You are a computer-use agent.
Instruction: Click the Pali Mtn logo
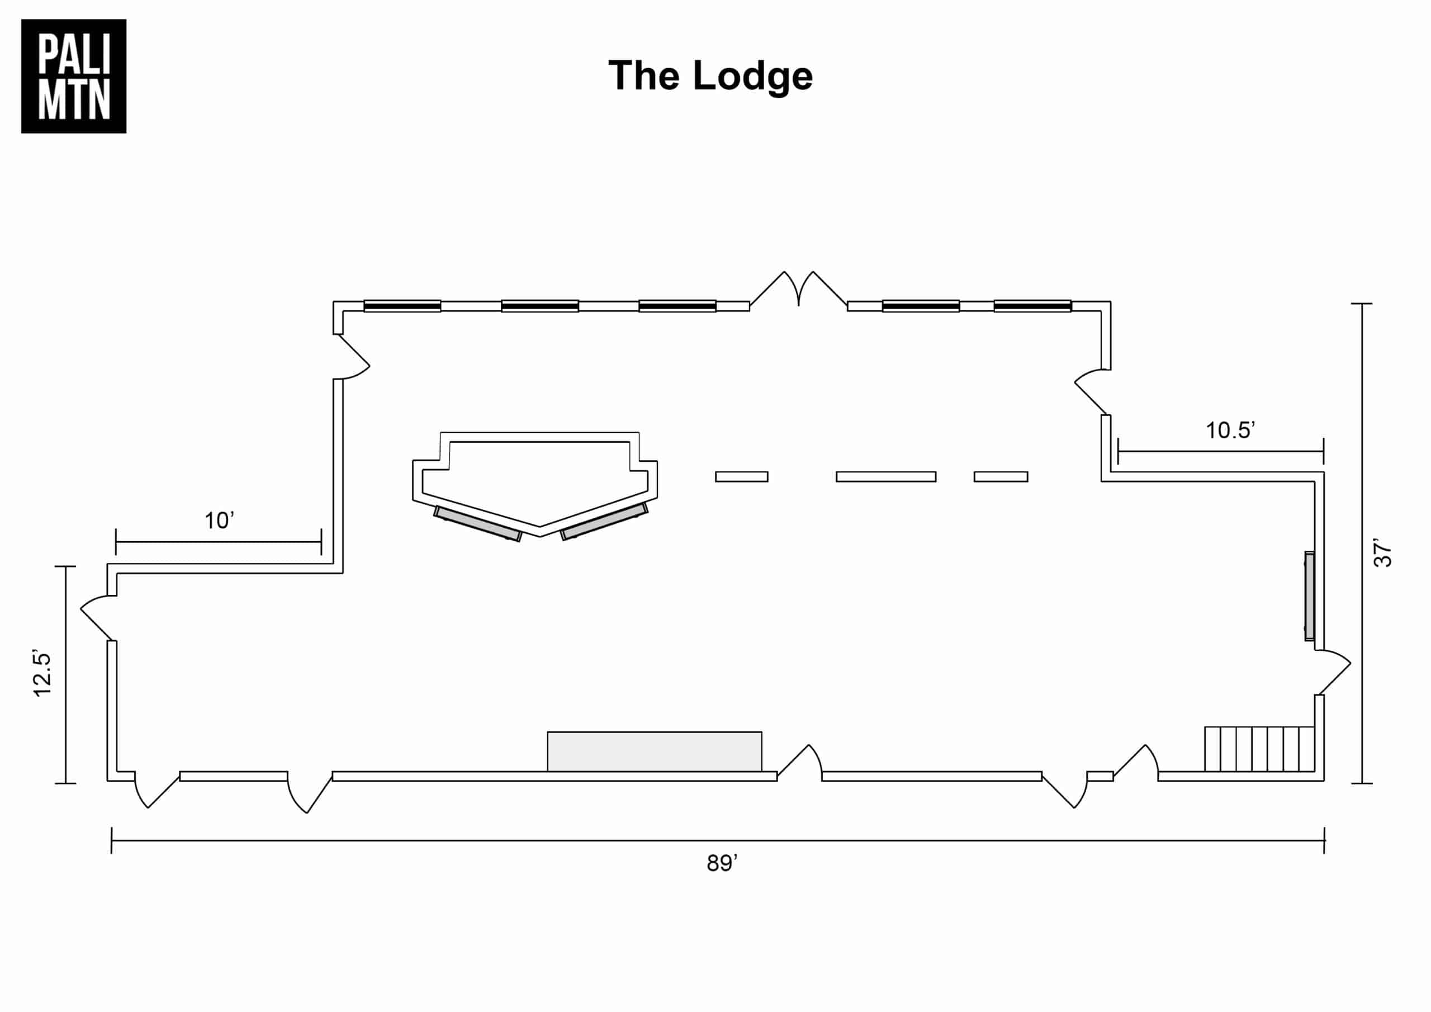click(x=74, y=76)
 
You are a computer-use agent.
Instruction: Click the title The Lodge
click(x=710, y=76)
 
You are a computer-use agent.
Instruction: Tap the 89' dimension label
click(x=722, y=863)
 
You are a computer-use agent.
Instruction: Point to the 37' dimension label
click(x=1382, y=553)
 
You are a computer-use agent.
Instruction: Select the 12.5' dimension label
click(x=42, y=675)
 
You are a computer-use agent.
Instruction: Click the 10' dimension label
click(x=219, y=521)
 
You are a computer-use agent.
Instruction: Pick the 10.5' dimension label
click(x=1230, y=431)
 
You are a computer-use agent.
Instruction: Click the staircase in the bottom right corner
click(x=1259, y=749)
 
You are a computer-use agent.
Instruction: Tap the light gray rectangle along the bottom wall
click(x=655, y=751)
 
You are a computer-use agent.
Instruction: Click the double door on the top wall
click(x=798, y=291)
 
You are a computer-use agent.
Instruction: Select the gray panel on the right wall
click(x=1310, y=596)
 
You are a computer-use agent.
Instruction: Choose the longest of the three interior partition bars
click(x=885, y=477)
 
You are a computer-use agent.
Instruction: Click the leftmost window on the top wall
click(x=402, y=306)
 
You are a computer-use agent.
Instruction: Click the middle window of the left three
click(x=540, y=306)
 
